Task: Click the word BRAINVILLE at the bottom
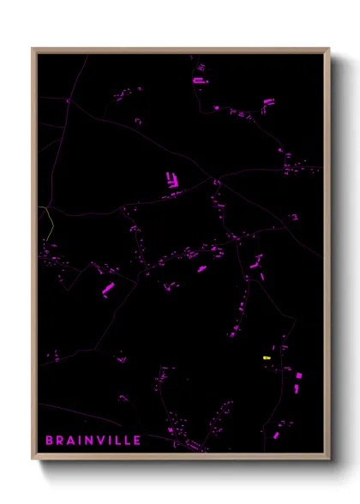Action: (93, 441)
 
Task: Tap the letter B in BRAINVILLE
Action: (50, 441)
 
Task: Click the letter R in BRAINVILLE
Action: (60, 441)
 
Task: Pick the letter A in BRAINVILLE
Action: (70, 441)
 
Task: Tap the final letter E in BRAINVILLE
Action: (138, 441)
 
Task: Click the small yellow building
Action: (266, 357)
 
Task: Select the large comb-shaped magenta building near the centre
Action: (171, 181)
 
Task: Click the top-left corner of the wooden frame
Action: (33, 49)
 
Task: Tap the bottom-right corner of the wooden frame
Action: (329, 459)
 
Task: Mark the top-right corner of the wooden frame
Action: (329, 49)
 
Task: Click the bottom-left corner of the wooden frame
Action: (33, 459)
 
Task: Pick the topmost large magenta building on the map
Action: (199, 80)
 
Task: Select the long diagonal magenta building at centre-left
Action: (109, 289)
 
